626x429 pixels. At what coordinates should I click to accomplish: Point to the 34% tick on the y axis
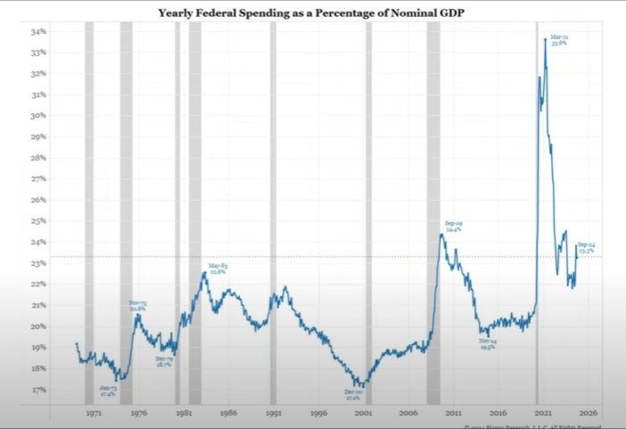(x=41, y=31)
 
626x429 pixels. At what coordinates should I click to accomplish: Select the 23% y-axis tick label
(x=41, y=264)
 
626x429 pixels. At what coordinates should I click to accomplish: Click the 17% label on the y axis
(x=41, y=390)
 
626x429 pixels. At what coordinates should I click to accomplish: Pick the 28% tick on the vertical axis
(x=41, y=158)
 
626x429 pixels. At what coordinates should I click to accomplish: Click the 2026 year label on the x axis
(x=588, y=414)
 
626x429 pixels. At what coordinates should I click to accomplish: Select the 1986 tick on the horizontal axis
(x=228, y=414)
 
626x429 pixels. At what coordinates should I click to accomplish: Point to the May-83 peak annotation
(x=218, y=268)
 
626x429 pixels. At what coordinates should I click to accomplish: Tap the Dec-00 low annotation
(x=353, y=394)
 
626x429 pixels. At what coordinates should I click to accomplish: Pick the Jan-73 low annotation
(x=109, y=390)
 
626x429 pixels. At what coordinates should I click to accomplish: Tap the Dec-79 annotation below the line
(x=164, y=361)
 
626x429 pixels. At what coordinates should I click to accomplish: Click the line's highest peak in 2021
(x=545, y=39)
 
